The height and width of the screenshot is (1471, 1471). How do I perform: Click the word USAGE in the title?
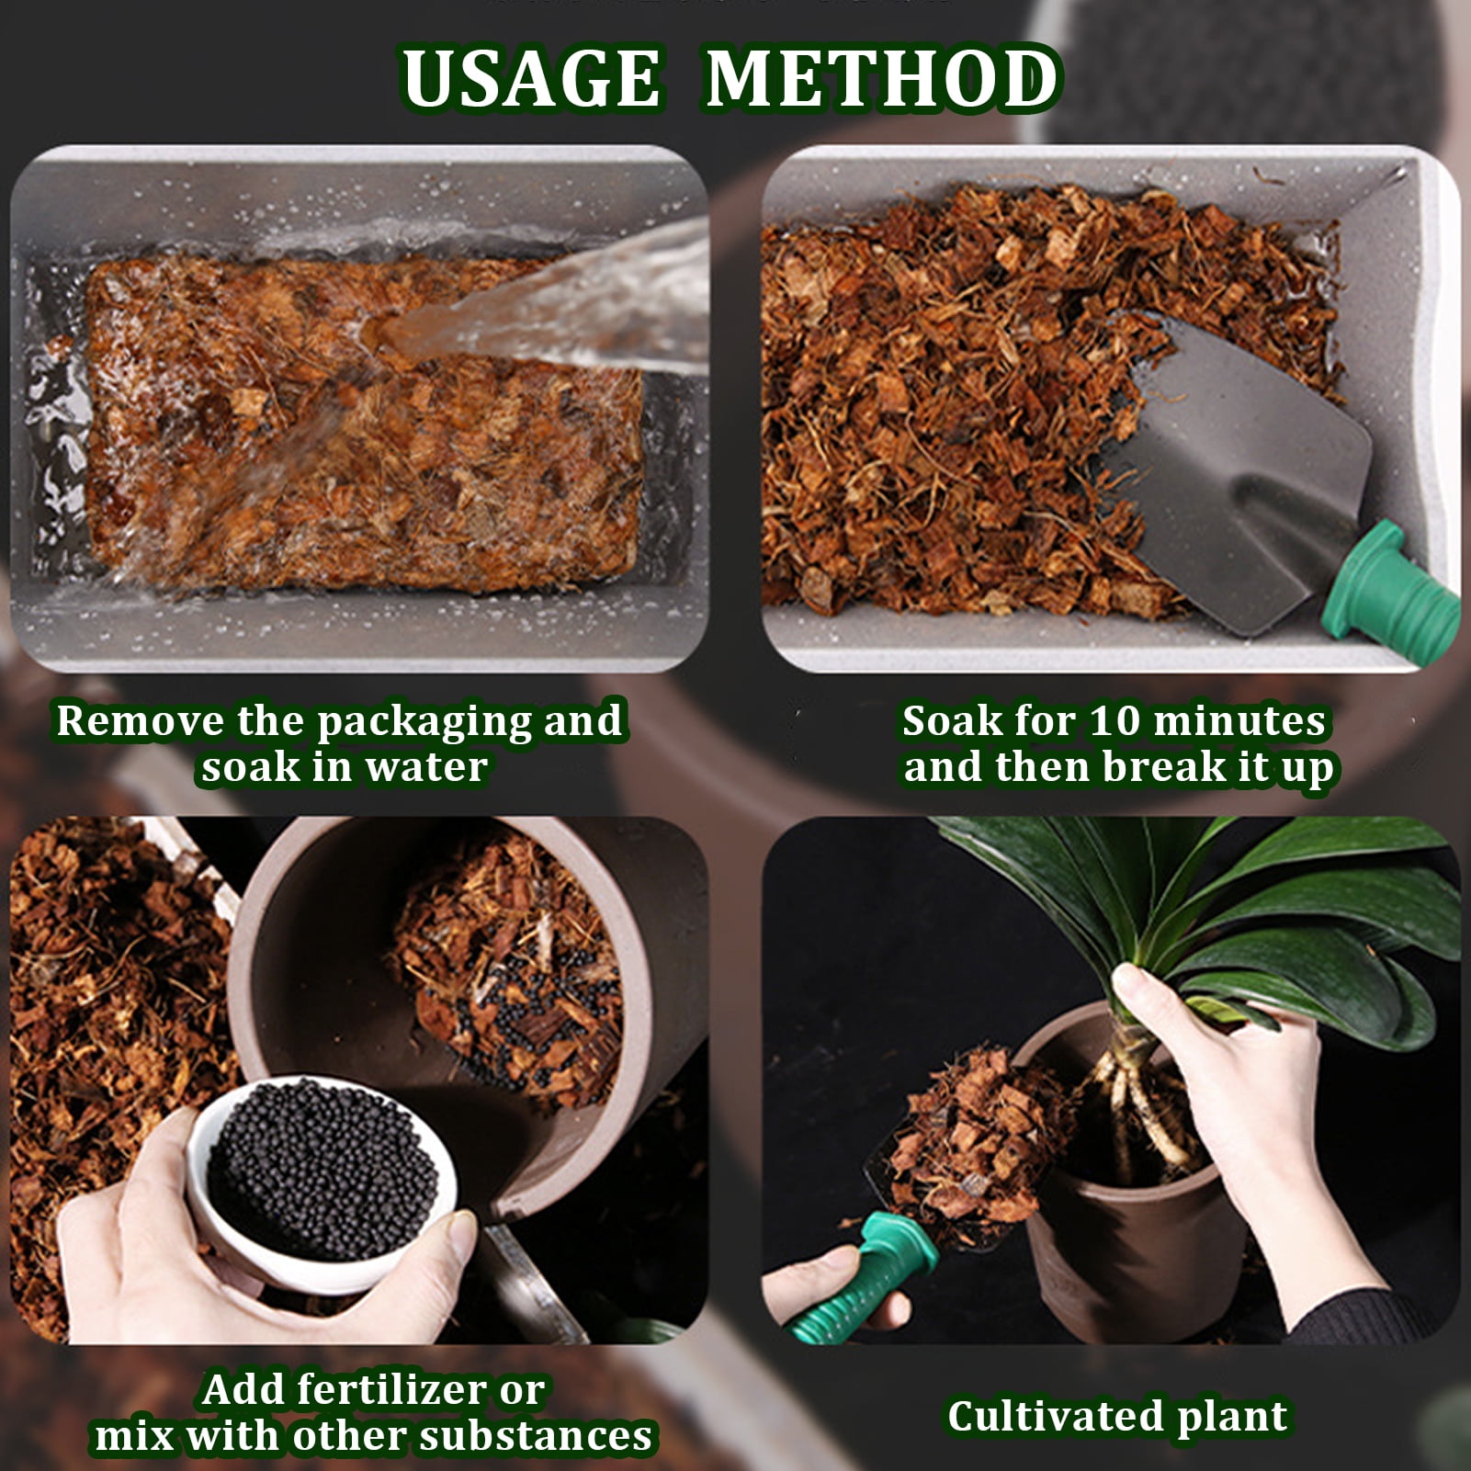[x=531, y=78]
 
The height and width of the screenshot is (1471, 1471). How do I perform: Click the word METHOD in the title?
[x=883, y=78]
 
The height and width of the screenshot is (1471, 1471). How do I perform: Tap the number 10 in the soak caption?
[x=1115, y=720]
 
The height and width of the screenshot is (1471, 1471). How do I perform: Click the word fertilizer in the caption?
[x=402, y=1390]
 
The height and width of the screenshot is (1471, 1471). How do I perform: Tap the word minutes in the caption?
[x=1239, y=720]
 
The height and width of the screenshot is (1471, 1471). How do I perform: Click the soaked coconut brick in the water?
[x=364, y=423]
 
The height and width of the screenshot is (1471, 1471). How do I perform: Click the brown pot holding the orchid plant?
[x=1126, y=1222]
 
